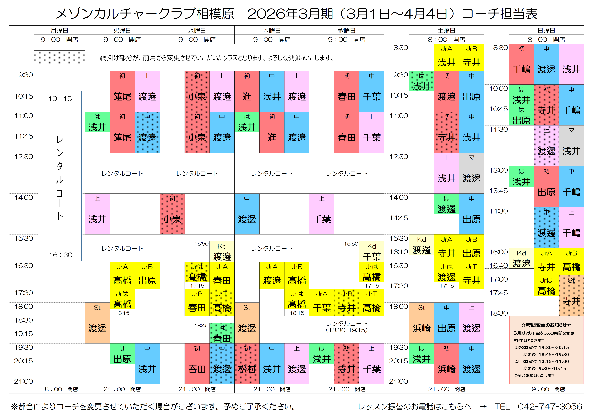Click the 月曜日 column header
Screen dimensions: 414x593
pyautogui.click(x=59, y=30)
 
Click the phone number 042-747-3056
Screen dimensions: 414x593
pyautogui.click(x=550, y=406)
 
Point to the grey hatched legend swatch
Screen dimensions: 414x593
pyautogui.click(x=59, y=57)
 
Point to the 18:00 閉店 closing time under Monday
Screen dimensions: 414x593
pyautogui.click(x=59, y=389)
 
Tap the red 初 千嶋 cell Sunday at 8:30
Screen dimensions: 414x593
pyautogui.click(x=521, y=64)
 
